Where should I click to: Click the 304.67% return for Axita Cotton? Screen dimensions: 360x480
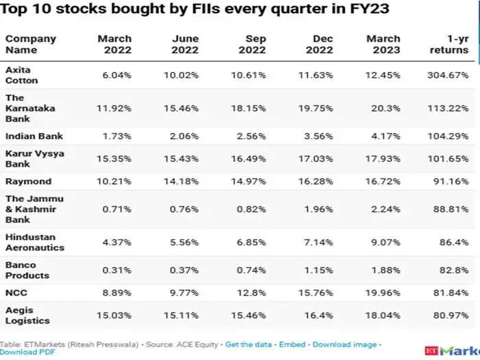coord(449,75)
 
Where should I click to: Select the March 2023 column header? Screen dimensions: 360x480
coord(383,45)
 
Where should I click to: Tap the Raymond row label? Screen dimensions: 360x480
coord(28,182)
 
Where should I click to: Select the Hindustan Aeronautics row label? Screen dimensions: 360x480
coord(34,242)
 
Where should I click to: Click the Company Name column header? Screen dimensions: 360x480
coord(31,45)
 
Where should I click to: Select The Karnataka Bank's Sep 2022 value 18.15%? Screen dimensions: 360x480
coord(248,108)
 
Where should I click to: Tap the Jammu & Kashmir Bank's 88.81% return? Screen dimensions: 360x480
coord(451,209)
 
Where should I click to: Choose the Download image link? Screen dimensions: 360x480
coord(346,344)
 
